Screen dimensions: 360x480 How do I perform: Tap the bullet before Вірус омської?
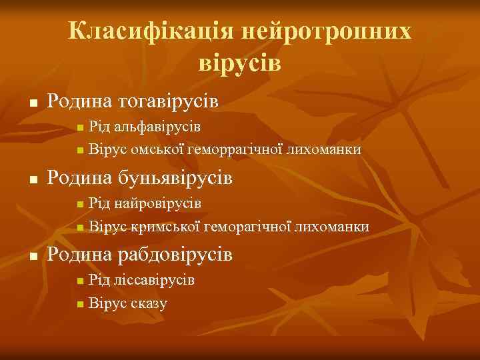[x=80, y=150]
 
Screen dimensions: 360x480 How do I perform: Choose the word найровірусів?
[x=158, y=202]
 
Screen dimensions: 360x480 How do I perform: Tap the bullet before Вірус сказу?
[x=80, y=304]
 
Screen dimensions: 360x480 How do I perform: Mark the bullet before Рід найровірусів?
[x=80, y=203]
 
